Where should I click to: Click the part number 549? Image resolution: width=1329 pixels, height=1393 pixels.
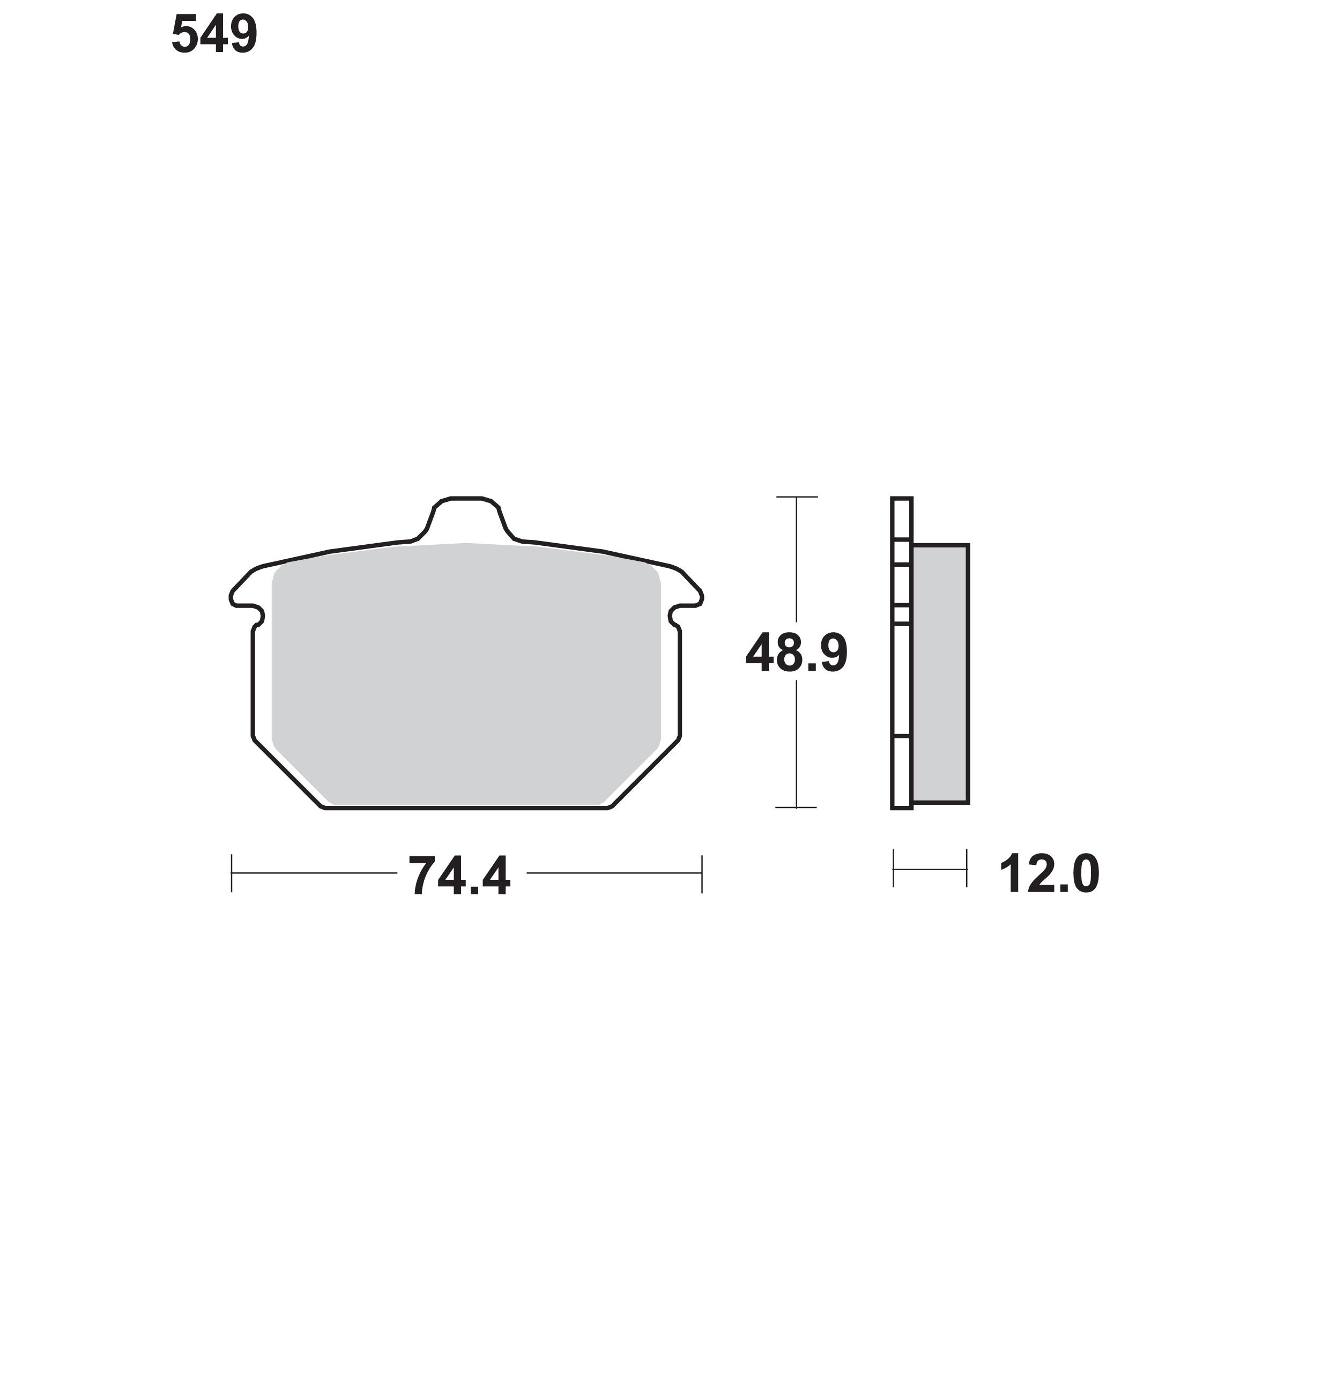pyautogui.click(x=214, y=35)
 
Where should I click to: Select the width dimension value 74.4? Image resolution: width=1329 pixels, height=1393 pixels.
pyautogui.click(x=459, y=877)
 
